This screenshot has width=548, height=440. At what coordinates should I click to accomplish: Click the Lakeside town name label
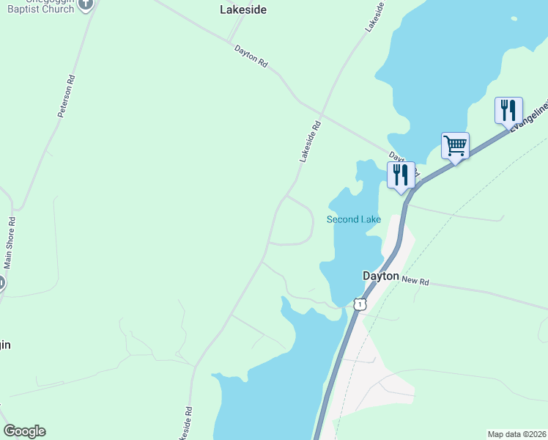(243, 10)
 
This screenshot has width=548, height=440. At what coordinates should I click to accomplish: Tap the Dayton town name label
(381, 276)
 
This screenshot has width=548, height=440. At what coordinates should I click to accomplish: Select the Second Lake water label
(353, 219)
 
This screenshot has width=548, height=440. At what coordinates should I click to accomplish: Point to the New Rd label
(415, 281)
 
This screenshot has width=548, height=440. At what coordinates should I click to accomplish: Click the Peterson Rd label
(67, 95)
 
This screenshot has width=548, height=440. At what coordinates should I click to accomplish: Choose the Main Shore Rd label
(9, 242)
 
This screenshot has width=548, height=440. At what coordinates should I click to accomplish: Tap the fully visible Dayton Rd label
(251, 56)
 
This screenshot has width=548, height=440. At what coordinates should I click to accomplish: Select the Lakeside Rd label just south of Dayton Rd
(311, 142)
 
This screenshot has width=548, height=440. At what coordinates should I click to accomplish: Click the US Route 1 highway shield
(358, 304)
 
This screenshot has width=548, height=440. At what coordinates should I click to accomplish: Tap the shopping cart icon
(455, 146)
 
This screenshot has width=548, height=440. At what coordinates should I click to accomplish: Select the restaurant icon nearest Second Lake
(401, 175)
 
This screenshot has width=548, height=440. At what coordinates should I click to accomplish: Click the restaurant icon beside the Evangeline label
(508, 111)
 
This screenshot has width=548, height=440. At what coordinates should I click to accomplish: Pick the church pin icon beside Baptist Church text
(86, 4)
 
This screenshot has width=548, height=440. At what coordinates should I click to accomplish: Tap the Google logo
(24, 431)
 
